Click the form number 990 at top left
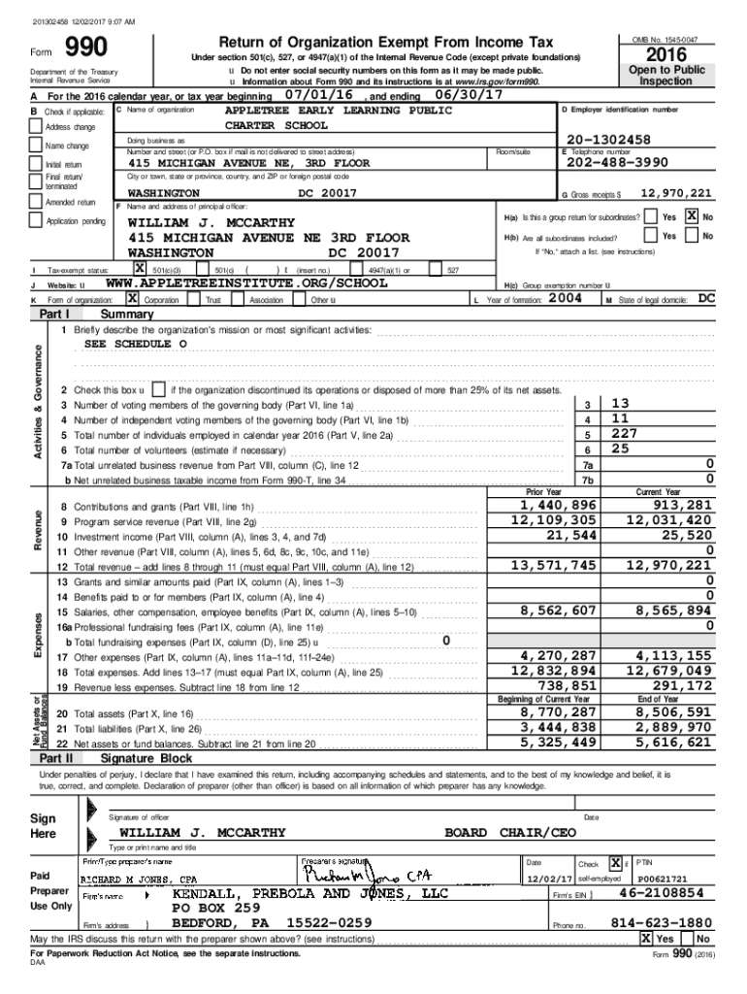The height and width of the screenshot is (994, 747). (85, 50)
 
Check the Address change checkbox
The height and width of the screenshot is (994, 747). (36, 127)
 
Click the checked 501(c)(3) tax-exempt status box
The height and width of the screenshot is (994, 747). (140, 268)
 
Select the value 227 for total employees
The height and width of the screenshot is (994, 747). (624, 434)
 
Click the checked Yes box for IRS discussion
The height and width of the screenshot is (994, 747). (645, 940)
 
